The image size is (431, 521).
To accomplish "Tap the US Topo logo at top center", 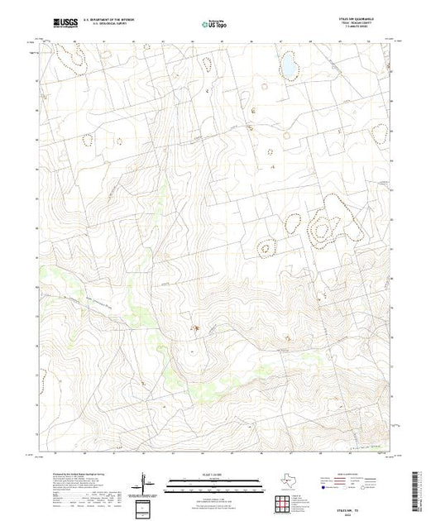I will click(x=214, y=26).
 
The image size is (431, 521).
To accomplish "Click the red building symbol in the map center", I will click(x=196, y=328).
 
